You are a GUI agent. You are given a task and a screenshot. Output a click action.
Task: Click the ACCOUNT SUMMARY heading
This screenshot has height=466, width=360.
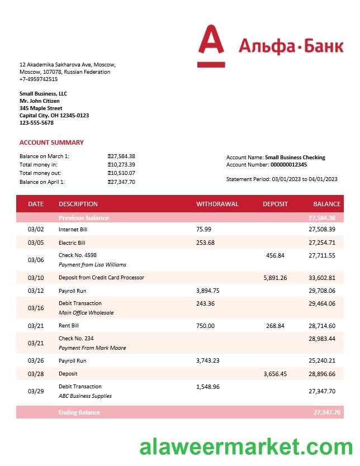pyautogui.click(x=51, y=142)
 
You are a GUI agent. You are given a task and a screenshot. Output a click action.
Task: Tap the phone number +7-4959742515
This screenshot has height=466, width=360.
pyautogui.click(x=39, y=79)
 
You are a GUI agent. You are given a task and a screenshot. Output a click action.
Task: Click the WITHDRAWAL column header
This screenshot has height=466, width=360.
pyautogui.click(x=217, y=204)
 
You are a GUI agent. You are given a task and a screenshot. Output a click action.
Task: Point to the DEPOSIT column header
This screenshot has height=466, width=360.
pyautogui.click(x=275, y=204)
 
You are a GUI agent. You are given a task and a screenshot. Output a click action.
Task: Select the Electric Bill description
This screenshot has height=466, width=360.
pyautogui.click(x=72, y=242)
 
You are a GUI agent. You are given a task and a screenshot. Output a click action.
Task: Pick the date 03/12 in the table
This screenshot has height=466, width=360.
pyautogui.click(x=35, y=291)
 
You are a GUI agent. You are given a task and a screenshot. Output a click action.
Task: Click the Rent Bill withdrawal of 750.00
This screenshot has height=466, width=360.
pyautogui.click(x=205, y=326)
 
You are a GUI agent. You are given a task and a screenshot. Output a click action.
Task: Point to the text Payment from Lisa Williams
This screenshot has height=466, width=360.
pyautogui.click(x=92, y=265)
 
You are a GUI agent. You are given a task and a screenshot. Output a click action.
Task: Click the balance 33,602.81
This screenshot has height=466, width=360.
pyautogui.click(x=321, y=278)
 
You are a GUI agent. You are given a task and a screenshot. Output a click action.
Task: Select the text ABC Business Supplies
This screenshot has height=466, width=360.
pyautogui.click(x=85, y=396)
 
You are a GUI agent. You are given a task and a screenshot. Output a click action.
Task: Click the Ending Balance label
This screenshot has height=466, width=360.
pyautogui.click(x=79, y=412)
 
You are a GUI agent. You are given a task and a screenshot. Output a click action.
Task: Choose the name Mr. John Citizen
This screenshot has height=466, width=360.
pyautogui.click(x=39, y=101)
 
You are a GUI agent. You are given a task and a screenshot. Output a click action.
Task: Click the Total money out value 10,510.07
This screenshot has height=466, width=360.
pyautogui.click(x=121, y=173)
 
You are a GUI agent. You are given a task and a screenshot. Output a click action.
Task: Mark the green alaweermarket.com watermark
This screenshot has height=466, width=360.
pyautogui.click(x=246, y=447)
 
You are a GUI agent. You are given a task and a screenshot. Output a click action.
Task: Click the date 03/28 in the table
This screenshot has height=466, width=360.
pyautogui.click(x=35, y=374)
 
